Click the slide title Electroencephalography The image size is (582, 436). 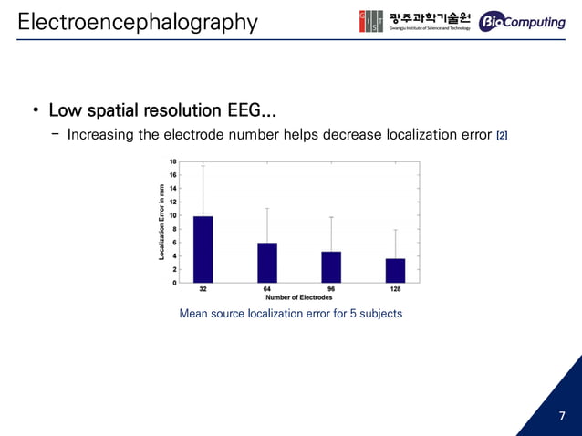tap(137, 21)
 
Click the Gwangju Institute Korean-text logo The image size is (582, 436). tap(416, 21)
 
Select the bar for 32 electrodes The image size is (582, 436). tap(203, 249)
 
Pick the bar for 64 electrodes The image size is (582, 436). tap(266, 263)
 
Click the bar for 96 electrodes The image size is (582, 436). tap(331, 266)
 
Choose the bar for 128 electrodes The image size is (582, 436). tap(395, 271)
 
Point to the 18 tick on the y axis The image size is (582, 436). tap(173, 161)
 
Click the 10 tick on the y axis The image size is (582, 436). tap(173, 215)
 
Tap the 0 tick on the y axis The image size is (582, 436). tap(174, 283)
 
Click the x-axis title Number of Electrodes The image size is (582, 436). tap(298, 297)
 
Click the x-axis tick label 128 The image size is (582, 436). tap(395, 289)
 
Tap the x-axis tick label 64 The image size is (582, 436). tap(266, 289)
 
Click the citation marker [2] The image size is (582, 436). tap(501, 137)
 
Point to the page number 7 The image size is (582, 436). tap(562, 417)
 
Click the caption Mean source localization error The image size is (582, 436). tap(290, 314)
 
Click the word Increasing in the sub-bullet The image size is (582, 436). tap(99, 136)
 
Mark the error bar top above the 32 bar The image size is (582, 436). tap(203, 164)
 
